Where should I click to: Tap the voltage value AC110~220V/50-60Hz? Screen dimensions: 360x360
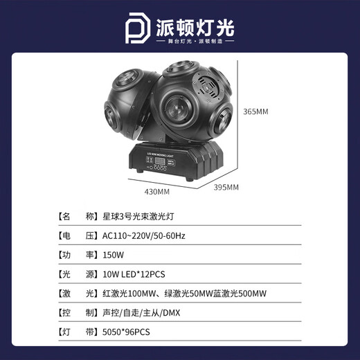click(143, 236)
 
